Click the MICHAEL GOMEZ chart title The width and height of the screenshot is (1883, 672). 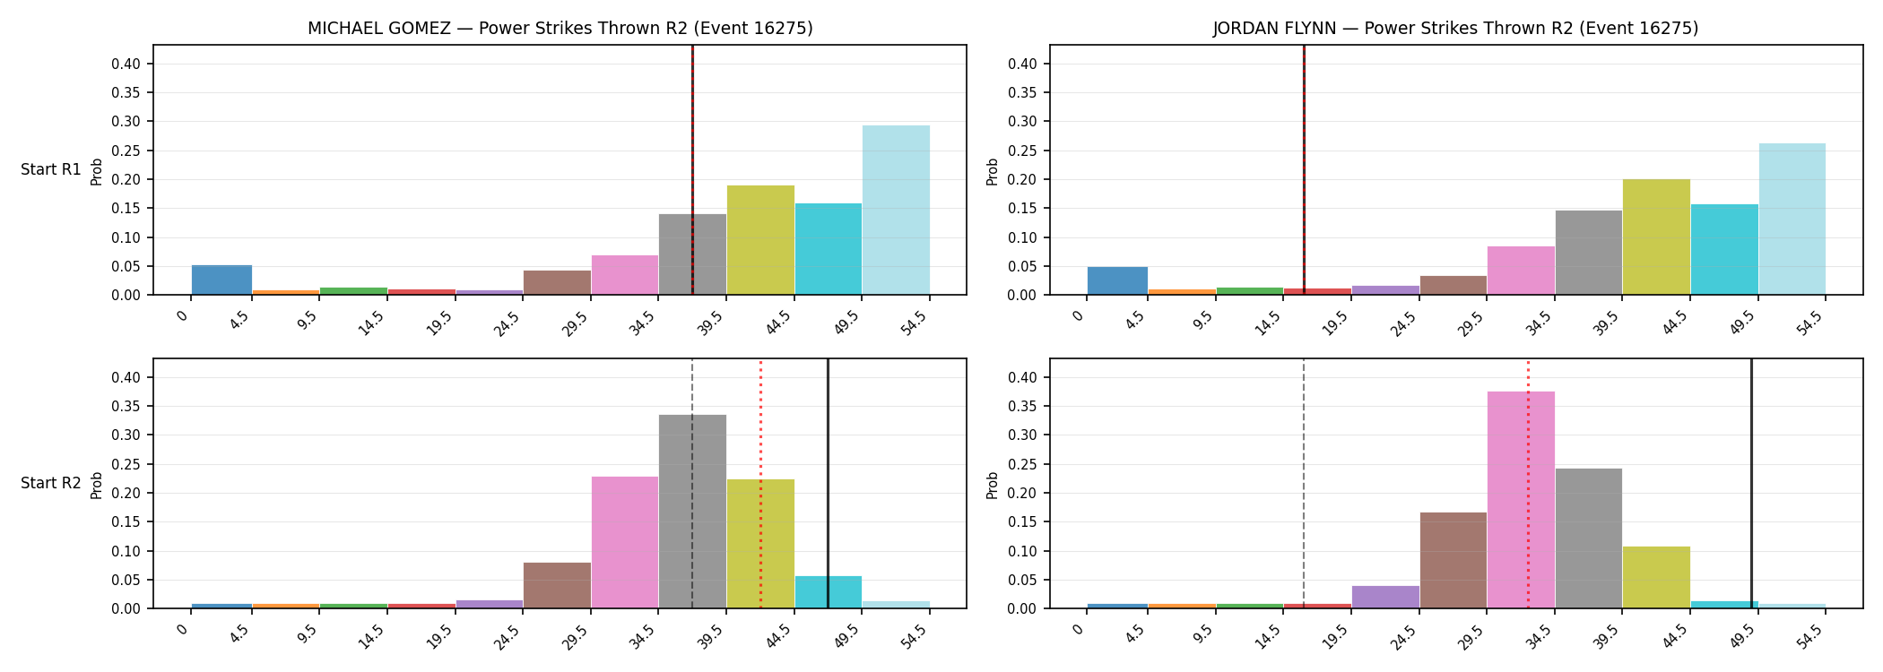[560, 29]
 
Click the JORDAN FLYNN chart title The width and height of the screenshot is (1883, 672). [1455, 29]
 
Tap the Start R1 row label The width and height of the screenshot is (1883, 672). [51, 170]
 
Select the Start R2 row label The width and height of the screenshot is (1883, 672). [51, 484]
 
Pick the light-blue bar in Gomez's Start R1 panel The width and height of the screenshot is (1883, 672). [896, 210]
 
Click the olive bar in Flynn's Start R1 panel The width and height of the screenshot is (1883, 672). [1656, 237]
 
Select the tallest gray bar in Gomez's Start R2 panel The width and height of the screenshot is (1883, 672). [692, 512]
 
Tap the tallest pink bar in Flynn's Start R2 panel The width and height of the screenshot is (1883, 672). [1521, 500]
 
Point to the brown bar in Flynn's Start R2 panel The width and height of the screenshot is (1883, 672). [1453, 560]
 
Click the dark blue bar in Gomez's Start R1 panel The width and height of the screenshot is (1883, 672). [221, 280]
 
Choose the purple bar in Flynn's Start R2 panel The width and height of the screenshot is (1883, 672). [1385, 597]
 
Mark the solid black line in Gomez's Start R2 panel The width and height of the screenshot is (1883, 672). [828, 484]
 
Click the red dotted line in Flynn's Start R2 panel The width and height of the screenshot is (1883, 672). [1528, 484]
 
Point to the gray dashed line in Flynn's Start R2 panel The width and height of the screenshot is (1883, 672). [1304, 484]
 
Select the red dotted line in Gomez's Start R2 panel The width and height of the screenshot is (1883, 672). [760, 484]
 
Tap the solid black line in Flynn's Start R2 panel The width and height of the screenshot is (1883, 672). [1751, 484]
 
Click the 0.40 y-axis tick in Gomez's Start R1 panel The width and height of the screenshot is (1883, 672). [126, 65]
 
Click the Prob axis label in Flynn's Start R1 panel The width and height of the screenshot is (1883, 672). [993, 171]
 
